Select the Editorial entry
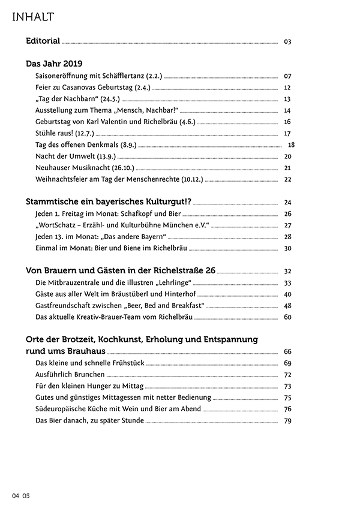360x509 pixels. tap(43, 41)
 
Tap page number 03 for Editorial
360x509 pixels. tap(287, 42)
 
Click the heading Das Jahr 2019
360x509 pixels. tap(54, 64)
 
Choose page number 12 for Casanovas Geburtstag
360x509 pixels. tap(287, 88)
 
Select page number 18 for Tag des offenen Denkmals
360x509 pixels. tap(292, 144)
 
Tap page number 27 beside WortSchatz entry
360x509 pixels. tap(287, 225)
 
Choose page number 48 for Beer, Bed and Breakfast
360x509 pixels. tap(287, 306)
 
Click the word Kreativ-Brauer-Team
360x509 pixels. tap(107, 317)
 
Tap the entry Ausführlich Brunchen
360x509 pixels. tap(62, 374)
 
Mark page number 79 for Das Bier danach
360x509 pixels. tap(287, 420)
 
